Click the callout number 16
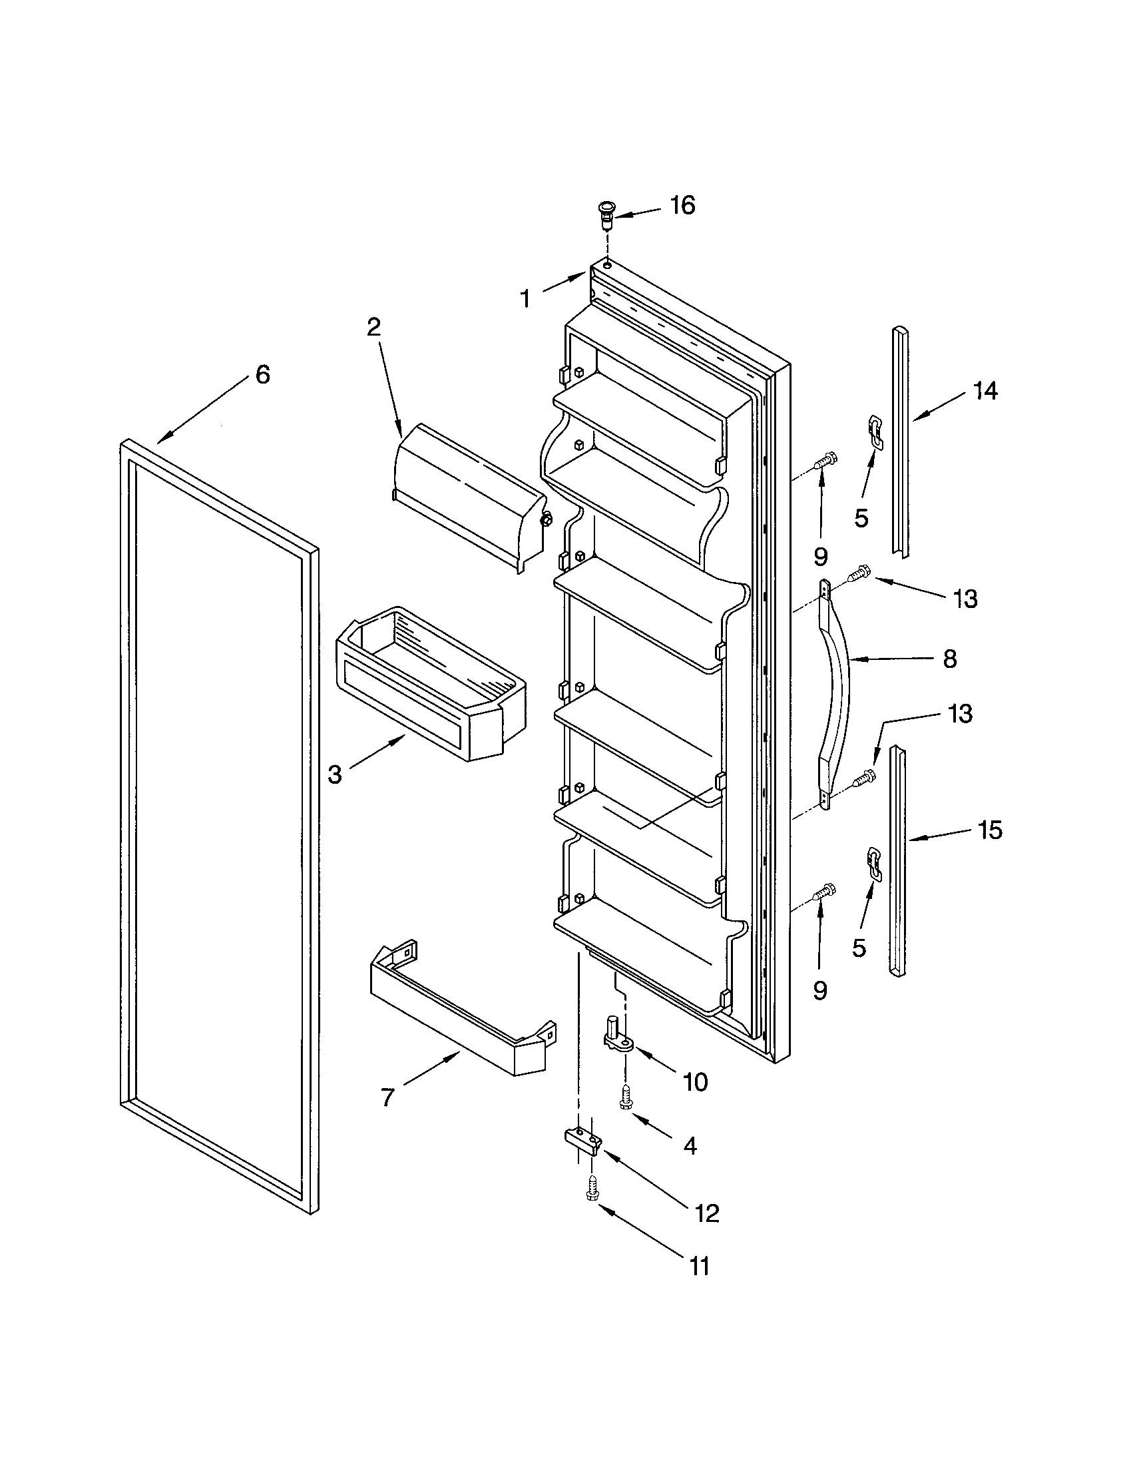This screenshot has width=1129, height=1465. pos(682,205)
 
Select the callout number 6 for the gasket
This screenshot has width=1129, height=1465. pos(262,374)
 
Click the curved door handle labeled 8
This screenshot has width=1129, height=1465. pos(835,691)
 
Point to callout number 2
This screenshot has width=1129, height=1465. pos(373,327)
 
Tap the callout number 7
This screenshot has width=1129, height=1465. pos(387,1097)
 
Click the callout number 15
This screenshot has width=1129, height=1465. pos(989,830)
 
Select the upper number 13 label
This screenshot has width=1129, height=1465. pos(965,599)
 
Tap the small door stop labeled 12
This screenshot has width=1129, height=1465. pos(581,1139)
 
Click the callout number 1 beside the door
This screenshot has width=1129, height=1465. pos(525,298)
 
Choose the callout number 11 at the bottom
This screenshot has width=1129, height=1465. pos(698,1267)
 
